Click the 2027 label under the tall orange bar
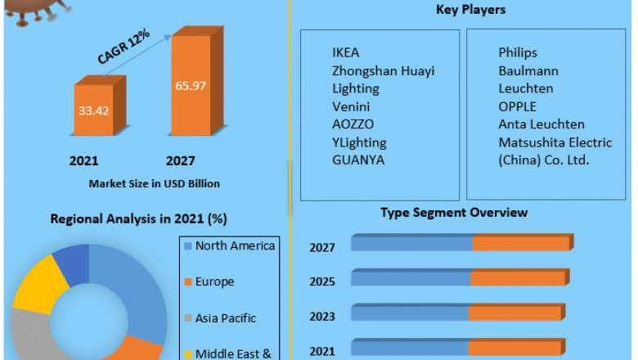point(181,161)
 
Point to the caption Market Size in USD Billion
point(155,184)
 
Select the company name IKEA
point(345,52)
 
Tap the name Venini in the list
point(350,106)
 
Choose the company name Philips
point(518,52)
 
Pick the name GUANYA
point(357,160)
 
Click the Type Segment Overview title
point(454,213)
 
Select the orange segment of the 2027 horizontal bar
point(520,244)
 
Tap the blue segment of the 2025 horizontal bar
point(411,279)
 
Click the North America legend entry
point(234,245)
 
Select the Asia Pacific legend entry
point(225,317)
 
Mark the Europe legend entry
point(213,281)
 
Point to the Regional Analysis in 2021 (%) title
point(138,219)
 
